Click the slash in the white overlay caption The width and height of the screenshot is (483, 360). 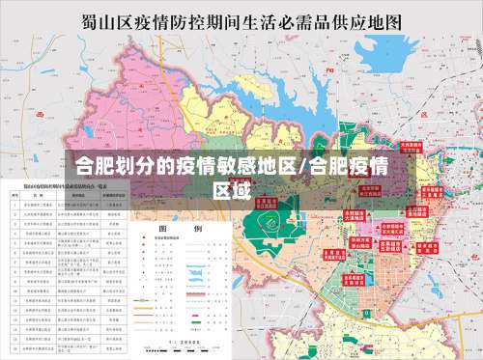[305, 165]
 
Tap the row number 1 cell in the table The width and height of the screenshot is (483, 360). [14, 205]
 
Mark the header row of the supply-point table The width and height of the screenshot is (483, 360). [68, 194]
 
